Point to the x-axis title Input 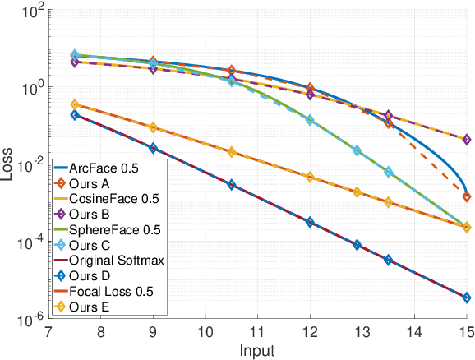pyautogui.click(x=258, y=351)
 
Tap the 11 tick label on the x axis pyautogui.click(x=258, y=334)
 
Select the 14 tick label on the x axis pyautogui.click(x=414, y=334)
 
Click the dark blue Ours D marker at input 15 pyautogui.click(x=466, y=298)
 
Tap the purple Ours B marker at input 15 pyautogui.click(x=466, y=140)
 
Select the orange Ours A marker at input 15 pyautogui.click(x=466, y=196)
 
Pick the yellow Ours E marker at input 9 pyautogui.click(x=153, y=128)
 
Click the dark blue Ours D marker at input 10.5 pyautogui.click(x=232, y=185)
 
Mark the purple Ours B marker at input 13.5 pyautogui.click(x=389, y=116)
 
